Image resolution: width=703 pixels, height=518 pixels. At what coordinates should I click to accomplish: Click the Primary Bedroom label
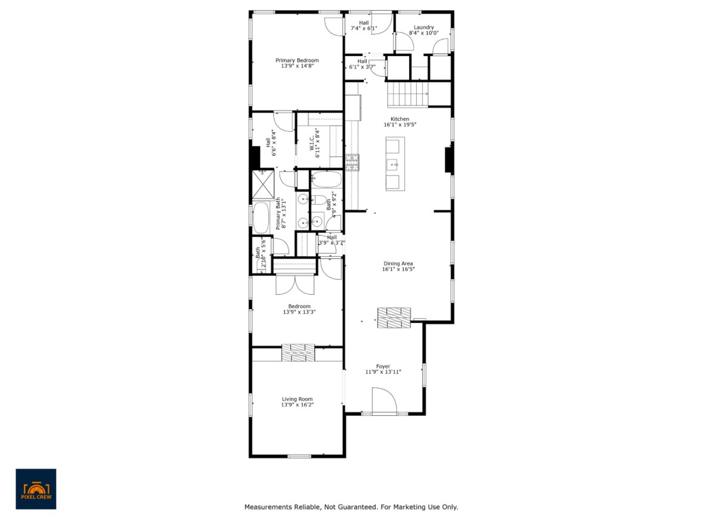pos(296,60)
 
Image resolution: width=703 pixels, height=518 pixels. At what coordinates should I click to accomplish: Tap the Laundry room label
pos(424,27)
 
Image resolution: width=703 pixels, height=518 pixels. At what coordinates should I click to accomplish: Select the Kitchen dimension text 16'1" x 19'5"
pos(399,125)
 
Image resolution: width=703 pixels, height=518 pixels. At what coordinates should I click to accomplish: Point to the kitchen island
pos(395,164)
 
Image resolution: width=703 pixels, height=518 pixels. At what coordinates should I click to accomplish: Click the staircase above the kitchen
pos(409,94)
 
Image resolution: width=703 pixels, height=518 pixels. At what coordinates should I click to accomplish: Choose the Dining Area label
pos(398,263)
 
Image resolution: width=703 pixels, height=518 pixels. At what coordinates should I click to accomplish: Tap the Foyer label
pos(383,366)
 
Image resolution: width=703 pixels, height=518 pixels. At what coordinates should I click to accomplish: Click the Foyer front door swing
pos(383,399)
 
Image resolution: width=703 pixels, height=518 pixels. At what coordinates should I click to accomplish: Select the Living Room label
pos(297,399)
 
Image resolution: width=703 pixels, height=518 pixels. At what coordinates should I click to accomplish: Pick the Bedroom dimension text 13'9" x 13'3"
pos(299,312)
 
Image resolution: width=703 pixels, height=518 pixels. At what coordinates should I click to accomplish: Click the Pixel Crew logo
pos(36,489)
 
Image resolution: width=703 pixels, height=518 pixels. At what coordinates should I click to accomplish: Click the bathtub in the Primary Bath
pos(261,218)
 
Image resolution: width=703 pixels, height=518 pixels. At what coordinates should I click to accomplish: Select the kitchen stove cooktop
pos(352,159)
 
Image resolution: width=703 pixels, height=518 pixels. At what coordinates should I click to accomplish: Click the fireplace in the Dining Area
pos(394,317)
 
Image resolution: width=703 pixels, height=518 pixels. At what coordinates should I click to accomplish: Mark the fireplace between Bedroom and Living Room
pos(298,352)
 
